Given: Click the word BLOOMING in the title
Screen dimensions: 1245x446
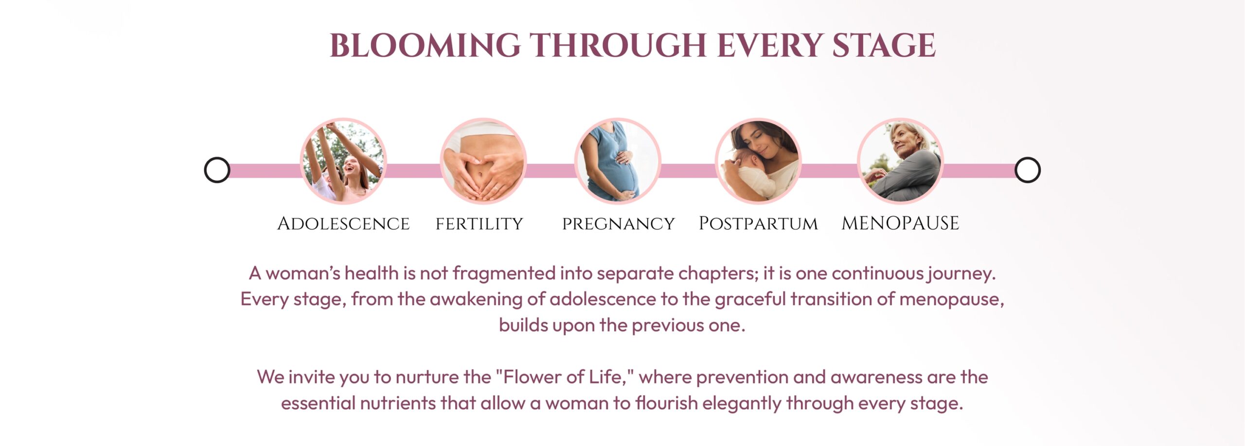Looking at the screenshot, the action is coord(425,46).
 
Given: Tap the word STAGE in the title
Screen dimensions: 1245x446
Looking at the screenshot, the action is coord(883,46).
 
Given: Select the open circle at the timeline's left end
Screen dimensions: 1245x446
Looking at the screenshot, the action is coord(217,170).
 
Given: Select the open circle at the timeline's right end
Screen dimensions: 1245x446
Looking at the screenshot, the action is coord(1027,170).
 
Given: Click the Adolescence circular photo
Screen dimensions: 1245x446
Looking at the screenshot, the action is coord(343,161).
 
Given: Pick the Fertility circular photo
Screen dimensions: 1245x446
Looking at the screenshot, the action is coord(483,161).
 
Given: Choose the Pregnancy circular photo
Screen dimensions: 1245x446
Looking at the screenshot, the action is coord(618,161).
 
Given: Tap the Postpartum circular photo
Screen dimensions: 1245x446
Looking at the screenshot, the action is coord(759,161).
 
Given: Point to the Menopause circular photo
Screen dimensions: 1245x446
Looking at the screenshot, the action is coord(900,161).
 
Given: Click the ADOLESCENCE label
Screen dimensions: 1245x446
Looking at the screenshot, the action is coord(343,223).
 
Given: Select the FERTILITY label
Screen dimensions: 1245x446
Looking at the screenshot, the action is coord(479,224).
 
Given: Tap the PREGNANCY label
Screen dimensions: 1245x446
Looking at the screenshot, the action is coord(619,224).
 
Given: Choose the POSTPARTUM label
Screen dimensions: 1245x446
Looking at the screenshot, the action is coord(758,223).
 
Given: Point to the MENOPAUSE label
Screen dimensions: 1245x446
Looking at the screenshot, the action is coord(900,223).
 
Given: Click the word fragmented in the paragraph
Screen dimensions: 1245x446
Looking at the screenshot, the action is coord(504,274).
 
